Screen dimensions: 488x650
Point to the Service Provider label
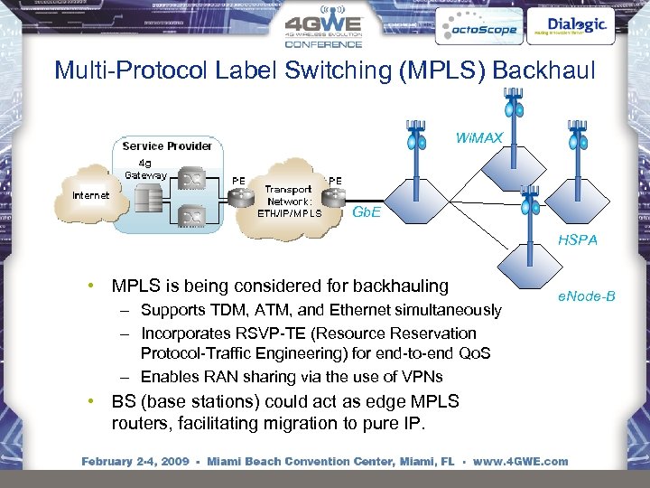[167, 145]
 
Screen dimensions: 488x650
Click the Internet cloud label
[91, 194]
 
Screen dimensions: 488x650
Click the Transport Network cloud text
[288, 202]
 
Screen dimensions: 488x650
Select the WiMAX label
[478, 138]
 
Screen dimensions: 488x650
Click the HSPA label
[577, 240]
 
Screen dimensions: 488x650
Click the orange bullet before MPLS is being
[92, 286]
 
